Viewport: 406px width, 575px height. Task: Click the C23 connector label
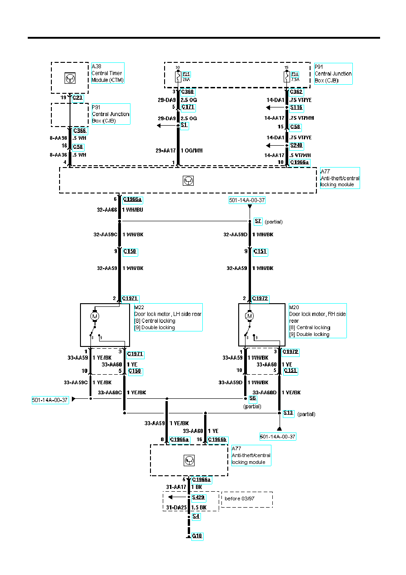click(x=78, y=98)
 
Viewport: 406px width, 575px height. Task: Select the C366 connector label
click(x=80, y=131)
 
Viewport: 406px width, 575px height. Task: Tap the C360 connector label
click(x=188, y=92)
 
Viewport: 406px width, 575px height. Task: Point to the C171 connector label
click(x=188, y=107)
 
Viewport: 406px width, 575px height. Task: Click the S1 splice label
click(x=184, y=126)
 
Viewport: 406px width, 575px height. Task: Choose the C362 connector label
click(x=296, y=92)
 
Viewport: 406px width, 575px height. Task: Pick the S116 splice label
click(x=296, y=108)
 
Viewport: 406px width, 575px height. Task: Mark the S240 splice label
click(x=296, y=146)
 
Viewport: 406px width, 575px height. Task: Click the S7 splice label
click(x=258, y=221)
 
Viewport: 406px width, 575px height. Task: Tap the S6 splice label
click(x=253, y=398)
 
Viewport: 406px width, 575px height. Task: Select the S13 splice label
click(x=288, y=413)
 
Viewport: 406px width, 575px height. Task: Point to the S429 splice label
click(x=199, y=498)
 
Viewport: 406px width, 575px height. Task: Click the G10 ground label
click(x=197, y=536)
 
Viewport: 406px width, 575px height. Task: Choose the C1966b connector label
click(x=217, y=439)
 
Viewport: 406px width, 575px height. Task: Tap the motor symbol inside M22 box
click(x=95, y=315)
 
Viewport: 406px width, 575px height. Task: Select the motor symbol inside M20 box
click(x=249, y=315)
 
